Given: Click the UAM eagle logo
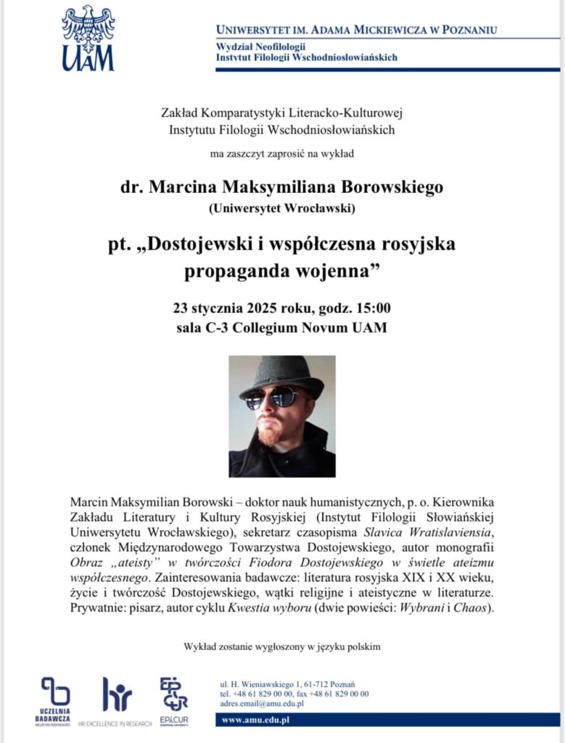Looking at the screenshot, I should click(88, 38).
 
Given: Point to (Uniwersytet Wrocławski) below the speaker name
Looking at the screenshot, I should click(281, 210).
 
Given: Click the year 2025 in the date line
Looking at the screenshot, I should click(258, 306).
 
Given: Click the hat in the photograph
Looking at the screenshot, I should click(281, 374).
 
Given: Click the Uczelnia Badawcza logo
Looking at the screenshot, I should click(55, 700).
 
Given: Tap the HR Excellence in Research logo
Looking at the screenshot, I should click(117, 700).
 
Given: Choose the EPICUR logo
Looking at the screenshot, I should click(175, 697).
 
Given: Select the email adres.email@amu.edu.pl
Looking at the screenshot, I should click(262, 704).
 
